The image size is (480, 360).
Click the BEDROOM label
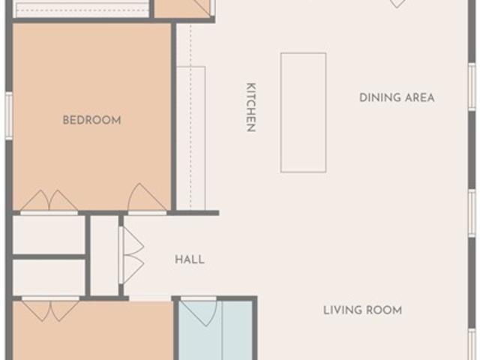coord(91,120)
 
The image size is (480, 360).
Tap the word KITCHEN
coord(251,107)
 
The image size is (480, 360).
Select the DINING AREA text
coord(397,97)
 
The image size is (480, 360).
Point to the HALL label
coord(190,259)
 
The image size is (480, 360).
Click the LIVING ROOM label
coord(363,310)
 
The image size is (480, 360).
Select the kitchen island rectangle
coord(303,113)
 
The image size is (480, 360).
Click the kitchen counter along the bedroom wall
coord(191,138)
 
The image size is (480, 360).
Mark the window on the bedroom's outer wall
coord(9,116)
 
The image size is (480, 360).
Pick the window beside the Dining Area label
coord(472,87)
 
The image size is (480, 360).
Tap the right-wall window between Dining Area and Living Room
coord(472,213)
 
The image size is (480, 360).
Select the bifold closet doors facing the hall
coord(132,255)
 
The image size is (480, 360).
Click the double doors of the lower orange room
coord(50,309)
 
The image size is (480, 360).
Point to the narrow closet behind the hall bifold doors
coord(104,256)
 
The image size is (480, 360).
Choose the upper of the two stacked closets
coord(49,235)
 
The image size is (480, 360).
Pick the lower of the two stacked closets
coord(49,277)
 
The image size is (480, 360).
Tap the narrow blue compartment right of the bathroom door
coord(237,330)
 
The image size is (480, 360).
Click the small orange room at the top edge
coord(181,8)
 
